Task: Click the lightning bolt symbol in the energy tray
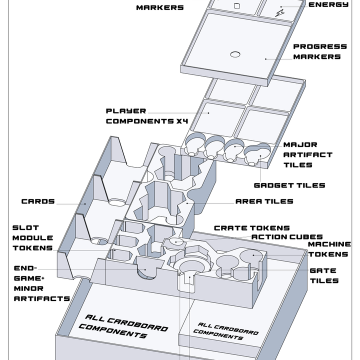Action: (280, 13)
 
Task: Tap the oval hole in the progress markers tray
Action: (235, 54)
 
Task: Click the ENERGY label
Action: (328, 4)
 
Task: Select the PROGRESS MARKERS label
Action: (320, 51)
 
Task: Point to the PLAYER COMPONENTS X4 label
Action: (147, 116)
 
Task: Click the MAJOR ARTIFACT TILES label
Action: (307, 154)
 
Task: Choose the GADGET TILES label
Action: (289, 185)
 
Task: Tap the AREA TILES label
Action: (264, 201)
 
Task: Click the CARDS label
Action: (38, 201)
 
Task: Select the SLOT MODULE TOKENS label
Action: (33, 238)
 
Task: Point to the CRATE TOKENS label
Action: (252, 228)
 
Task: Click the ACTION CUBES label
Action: (287, 236)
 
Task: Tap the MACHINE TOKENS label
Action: (329, 249)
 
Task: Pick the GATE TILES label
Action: (324, 275)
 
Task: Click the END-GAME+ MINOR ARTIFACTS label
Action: (42, 283)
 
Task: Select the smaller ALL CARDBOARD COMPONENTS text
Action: (226, 331)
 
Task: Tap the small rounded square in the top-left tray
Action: (236, 6)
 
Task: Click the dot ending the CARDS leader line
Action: (85, 203)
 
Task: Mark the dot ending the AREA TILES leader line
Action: (187, 203)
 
